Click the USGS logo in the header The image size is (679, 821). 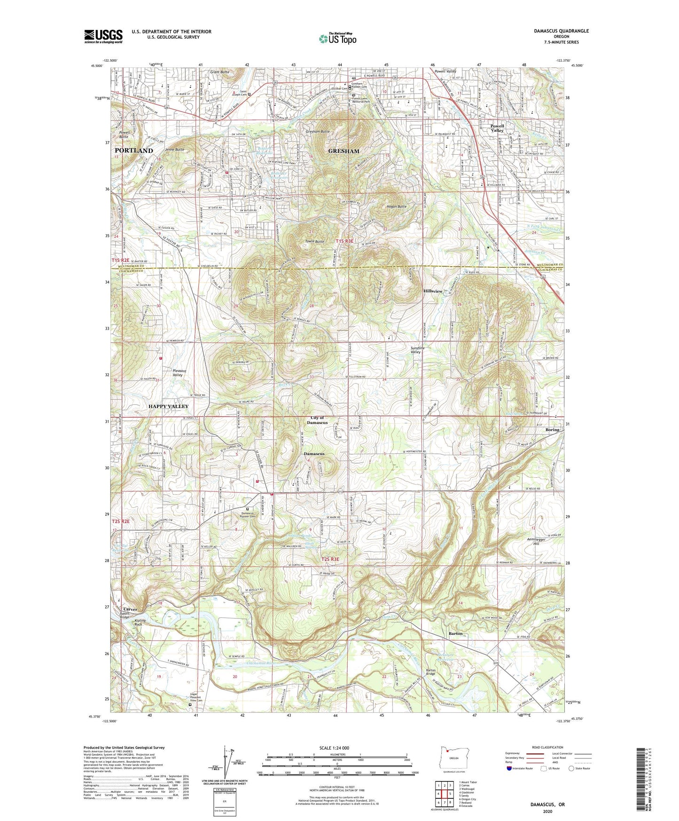tap(103, 36)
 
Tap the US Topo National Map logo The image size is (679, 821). tap(337, 39)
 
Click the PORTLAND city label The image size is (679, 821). tap(134, 150)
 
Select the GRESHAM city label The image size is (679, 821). tap(343, 151)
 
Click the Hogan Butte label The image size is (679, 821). tap(396, 206)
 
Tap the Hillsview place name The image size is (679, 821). tap(433, 291)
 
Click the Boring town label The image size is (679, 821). tap(552, 430)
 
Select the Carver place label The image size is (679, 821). tap(130, 609)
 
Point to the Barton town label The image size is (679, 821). tap(455, 633)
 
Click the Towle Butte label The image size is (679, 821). tap(314, 241)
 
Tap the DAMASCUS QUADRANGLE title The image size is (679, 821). tap(561, 31)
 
